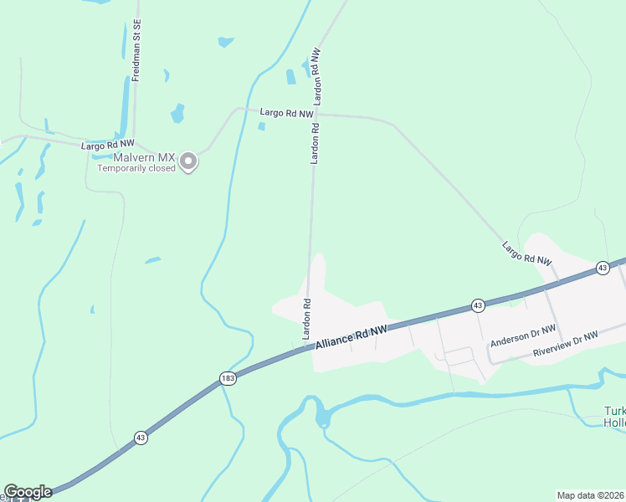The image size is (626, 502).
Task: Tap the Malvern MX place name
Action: (137, 157)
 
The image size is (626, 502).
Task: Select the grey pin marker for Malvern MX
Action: (189, 161)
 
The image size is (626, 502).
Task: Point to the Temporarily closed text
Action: (136, 168)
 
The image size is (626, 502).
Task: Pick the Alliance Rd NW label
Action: (351, 336)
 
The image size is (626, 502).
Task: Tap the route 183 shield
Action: (228, 379)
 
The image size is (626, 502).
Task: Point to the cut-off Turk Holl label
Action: (614, 417)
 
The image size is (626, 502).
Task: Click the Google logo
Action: (28, 492)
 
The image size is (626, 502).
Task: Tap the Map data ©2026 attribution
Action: (591, 495)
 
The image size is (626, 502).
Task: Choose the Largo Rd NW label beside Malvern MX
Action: (107, 146)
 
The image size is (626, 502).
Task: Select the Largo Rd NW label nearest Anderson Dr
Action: (527, 254)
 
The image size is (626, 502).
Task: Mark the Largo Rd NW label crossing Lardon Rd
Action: (286, 112)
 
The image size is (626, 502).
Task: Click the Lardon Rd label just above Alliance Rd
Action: (307, 319)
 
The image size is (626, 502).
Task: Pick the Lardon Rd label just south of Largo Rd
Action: (316, 144)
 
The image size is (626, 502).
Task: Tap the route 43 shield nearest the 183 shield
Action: (141, 438)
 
